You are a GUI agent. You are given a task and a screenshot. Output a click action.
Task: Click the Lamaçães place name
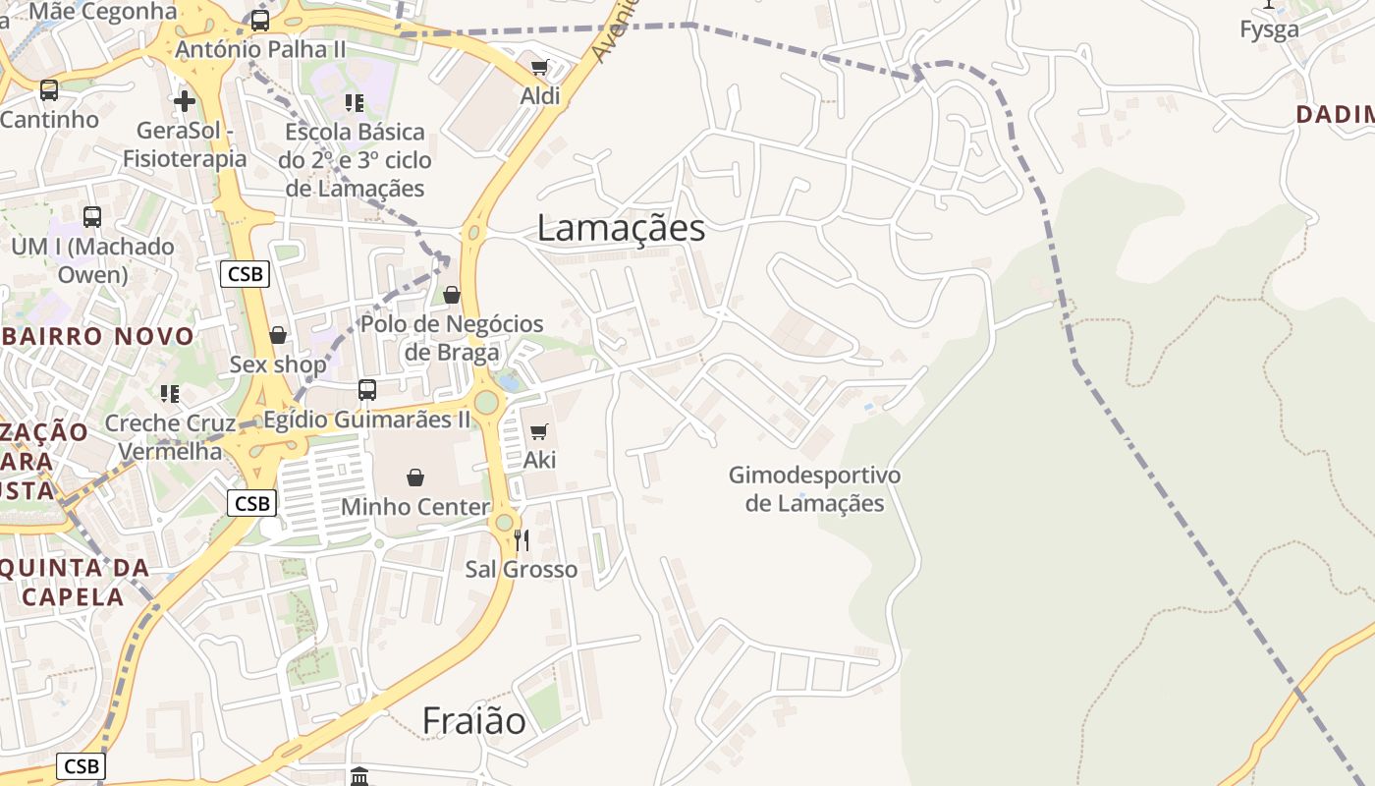pyautogui.click(x=621, y=228)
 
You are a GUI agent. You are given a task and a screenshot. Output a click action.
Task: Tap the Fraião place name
pyautogui.click(x=473, y=721)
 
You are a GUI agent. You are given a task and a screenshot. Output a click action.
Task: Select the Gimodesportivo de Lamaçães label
pyautogui.click(x=814, y=489)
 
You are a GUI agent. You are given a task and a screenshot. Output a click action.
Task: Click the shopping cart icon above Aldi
pyautogui.click(x=539, y=67)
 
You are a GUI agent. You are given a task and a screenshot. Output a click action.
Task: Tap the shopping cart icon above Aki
pyautogui.click(x=538, y=431)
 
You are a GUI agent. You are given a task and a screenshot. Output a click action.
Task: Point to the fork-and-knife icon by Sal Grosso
pyautogui.click(x=522, y=539)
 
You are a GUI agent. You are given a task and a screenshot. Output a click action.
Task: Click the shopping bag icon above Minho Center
pyautogui.click(x=415, y=477)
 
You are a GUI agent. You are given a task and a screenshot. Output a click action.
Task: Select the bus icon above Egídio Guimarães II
pyautogui.click(x=367, y=390)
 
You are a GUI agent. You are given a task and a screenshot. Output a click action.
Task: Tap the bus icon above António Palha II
pyautogui.click(x=260, y=20)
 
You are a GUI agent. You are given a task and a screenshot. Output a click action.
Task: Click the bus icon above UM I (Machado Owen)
pyautogui.click(x=92, y=217)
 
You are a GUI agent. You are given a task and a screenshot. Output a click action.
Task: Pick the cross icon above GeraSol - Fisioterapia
pyautogui.click(x=185, y=101)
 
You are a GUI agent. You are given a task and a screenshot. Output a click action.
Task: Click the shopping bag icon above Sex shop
pyautogui.click(x=278, y=335)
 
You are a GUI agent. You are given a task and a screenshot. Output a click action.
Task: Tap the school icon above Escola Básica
pyautogui.click(x=355, y=103)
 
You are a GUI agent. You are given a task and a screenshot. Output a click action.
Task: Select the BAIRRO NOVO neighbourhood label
pyautogui.click(x=98, y=336)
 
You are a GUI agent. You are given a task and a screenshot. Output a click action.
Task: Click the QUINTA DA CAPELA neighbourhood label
pyautogui.click(x=74, y=582)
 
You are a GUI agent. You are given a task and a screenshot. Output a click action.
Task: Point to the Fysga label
pyautogui.click(x=1269, y=29)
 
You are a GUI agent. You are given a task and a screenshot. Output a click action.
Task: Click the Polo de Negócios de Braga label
pyautogui.click(x=452, y=338)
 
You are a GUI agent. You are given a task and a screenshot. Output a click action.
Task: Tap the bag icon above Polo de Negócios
pyautogui.click(x=452, y=295)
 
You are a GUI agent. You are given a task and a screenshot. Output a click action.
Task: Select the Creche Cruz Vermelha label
pyautogui.click(x=170, y=437)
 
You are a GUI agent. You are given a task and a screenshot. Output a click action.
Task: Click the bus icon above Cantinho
pyautogui.click(x=49, y=90)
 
